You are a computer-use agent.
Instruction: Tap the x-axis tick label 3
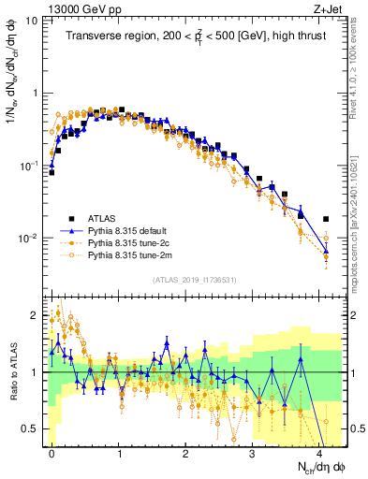coord(253,453)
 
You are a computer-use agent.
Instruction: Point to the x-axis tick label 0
coord(52,453)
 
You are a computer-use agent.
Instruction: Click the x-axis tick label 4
coord(319,453)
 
